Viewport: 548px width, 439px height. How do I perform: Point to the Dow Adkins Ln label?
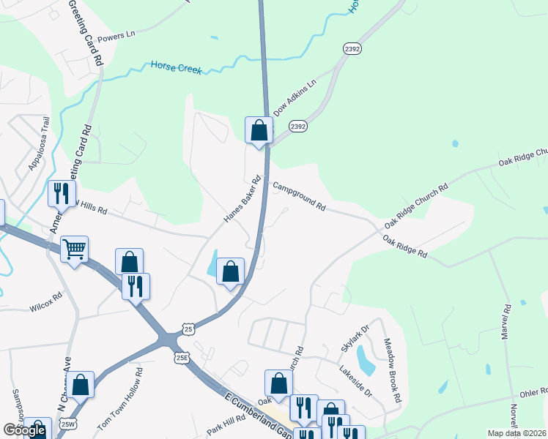coord(295,99)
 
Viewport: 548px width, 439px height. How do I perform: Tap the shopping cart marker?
coord(74,250)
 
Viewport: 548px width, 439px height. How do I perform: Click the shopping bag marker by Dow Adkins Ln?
coord(259,131)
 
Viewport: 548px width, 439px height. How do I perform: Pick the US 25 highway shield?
coord(189,330)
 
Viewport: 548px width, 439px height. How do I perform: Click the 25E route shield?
coord(182,358)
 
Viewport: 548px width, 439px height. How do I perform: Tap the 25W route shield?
coord(67,424)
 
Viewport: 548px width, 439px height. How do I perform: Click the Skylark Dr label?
coord(353,341)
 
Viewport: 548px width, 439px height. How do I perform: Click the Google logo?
coord(24,430)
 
